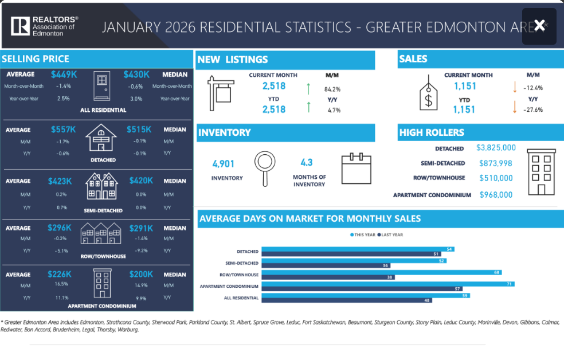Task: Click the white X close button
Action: [x=539, y=26]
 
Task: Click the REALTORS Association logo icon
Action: [x=20, y=26]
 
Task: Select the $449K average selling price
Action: [x=64, y=75]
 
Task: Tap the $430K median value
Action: [x=136, y=75]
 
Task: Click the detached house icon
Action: [x=101, y=139]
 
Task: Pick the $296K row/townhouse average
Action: [x=60, y=228]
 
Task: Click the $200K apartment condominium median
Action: [x=141, y=275]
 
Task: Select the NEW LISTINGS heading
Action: [x=232, y=60]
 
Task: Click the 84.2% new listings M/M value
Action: [x=332, y=89]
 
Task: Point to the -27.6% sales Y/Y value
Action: [x=532, y=109]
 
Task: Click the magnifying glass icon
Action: [x=264, y=167]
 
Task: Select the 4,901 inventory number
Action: [x=224, y=164]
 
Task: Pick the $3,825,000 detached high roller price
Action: [x=496, y=148]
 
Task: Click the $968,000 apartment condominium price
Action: [x=496, y=195]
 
